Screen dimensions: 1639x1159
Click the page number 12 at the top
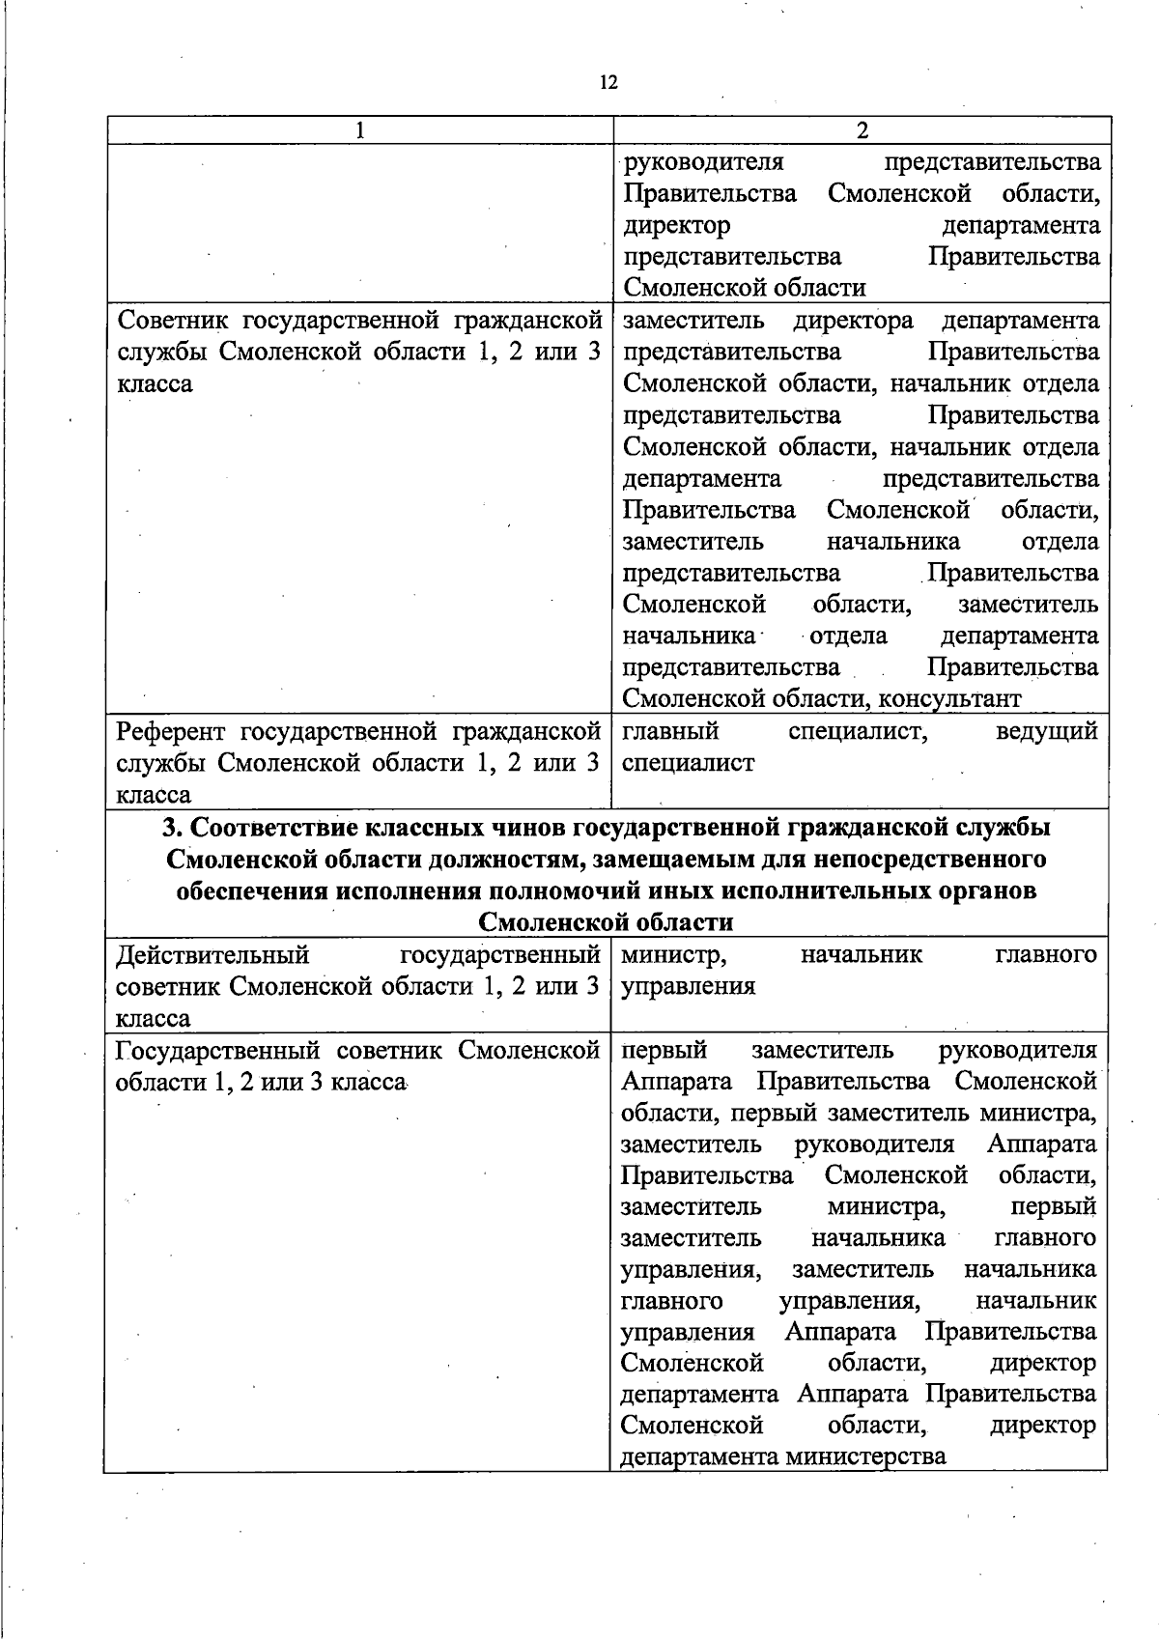point(608,82)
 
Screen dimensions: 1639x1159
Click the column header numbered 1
point(359,130)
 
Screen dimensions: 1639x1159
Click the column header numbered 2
point(862,130)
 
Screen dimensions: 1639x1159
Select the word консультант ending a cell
point(949,698)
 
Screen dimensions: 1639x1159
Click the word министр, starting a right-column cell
point(674,955)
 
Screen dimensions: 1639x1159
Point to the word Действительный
point(212,955)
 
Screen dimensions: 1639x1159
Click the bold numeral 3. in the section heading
point(172,828)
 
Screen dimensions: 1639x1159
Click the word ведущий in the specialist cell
point(1046,731)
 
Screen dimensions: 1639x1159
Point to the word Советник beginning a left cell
point(171,320)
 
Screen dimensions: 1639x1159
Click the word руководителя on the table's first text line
point(702,161)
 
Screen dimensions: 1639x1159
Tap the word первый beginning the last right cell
point(664,1050)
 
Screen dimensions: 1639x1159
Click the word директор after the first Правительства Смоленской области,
point(676,225)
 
